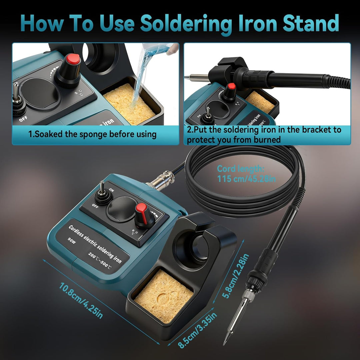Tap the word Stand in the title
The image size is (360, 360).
311,23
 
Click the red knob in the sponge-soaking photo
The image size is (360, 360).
73,59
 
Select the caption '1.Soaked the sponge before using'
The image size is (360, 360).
92,134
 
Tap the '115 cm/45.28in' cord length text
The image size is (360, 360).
246,179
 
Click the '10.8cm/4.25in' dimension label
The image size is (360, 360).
81,301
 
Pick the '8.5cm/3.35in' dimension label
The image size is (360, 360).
198,330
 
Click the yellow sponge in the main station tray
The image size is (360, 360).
163,296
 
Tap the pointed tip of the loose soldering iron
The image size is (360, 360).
224,344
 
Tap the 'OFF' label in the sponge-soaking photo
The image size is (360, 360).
23,118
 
